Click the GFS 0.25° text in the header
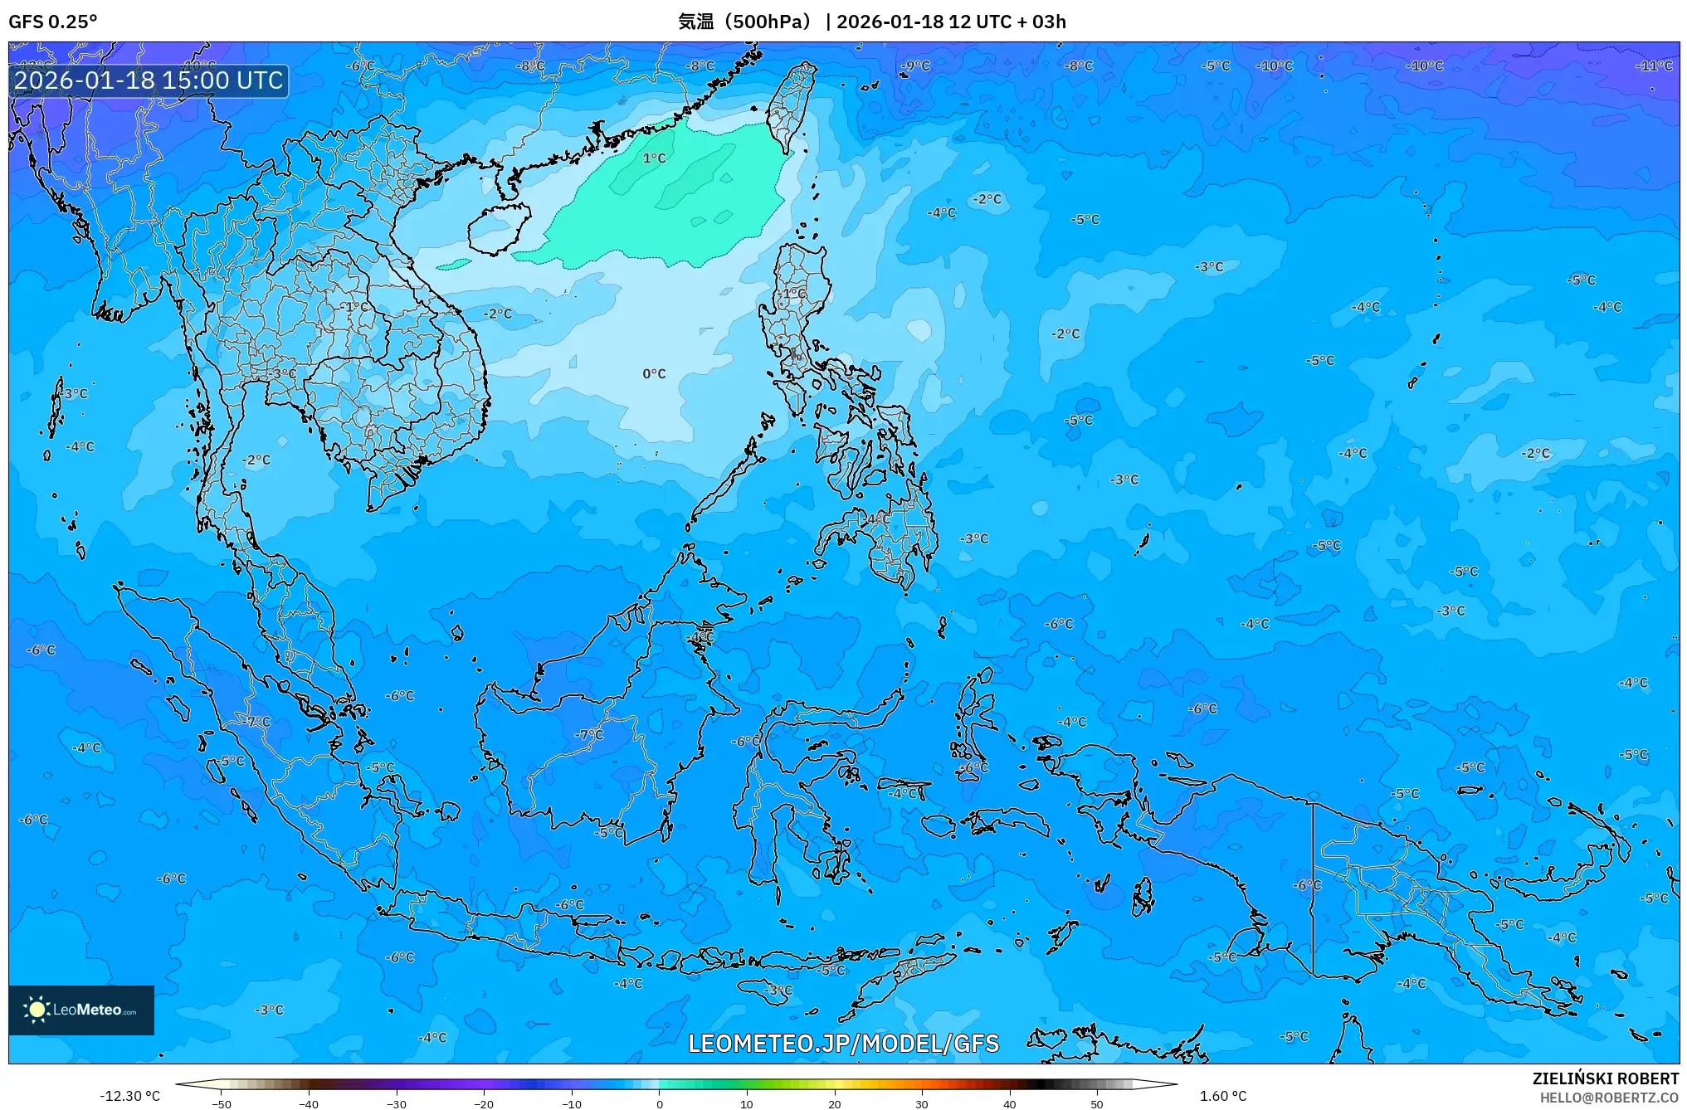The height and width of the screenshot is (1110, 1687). point(52,22)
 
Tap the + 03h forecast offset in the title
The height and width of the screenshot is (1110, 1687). point(1041,22)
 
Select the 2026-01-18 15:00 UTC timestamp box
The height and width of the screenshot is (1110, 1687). point(149,80)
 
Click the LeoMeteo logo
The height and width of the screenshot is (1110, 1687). point(81,1010)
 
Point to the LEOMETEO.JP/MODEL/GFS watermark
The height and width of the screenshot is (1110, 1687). point(843,1043)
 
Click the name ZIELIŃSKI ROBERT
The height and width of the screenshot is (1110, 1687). point(1605,1078)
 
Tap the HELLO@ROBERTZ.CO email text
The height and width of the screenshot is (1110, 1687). point(1609,1098)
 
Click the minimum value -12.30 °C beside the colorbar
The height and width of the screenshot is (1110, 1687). point(129,1096)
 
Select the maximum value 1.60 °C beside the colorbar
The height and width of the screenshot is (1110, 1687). point(1222,1096)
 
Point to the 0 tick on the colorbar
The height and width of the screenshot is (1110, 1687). point(660,1103)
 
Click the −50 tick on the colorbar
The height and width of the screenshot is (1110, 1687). point(222,1103)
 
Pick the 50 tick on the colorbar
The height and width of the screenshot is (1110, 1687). point(1097,1103)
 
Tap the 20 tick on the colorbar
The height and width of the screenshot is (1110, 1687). point(834,1103)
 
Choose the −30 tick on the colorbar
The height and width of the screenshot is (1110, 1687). point(397,1103)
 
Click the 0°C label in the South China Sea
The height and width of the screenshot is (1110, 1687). point(654,374)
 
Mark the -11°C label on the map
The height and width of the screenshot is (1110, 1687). point(1653,66)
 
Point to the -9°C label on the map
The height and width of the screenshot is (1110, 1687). point(916,66)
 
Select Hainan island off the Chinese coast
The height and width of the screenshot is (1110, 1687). point(498,228)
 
